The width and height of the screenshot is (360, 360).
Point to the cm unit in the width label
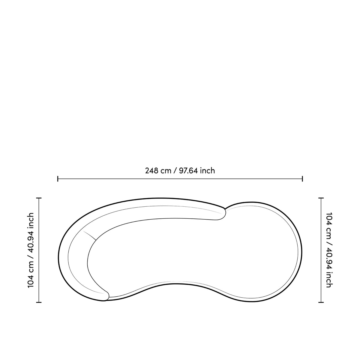[x=166, y=171]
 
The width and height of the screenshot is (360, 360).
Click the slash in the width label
[x=175, y=171]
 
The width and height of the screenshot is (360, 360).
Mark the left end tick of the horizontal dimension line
[x=58, y=178]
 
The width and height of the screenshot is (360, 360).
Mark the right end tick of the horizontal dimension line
[x=302, y=178]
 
